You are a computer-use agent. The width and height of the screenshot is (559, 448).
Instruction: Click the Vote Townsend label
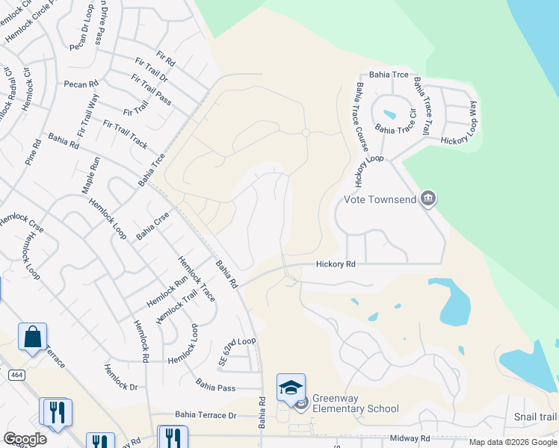[380, 199]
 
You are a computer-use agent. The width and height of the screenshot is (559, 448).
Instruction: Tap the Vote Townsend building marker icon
[428, 199]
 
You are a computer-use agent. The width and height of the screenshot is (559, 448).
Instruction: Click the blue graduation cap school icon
[291, 387]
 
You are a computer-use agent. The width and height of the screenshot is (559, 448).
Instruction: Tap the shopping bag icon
[33, 337]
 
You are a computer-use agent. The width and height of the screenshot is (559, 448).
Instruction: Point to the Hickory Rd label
[335, 264]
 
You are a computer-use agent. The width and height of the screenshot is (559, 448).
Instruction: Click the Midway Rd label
[410, 438]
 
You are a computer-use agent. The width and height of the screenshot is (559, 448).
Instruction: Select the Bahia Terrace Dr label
[206, 414]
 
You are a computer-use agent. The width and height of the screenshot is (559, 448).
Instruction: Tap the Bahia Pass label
[215, 387]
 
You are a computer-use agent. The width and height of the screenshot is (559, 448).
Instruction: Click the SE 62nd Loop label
[237, 350]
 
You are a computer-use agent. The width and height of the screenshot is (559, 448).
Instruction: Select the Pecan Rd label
[81, 84]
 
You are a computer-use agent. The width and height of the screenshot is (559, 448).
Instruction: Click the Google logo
[25, 439]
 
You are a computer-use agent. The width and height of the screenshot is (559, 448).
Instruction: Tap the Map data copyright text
[513, 442]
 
